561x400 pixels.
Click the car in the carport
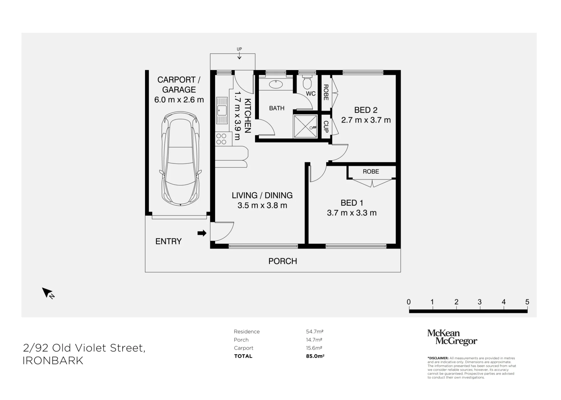pyautogui.click(x=180, y=159)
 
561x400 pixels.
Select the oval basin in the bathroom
pyautogui.click(x=276, y=84)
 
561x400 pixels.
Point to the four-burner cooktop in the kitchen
pyautogui.click(x=221, y=139)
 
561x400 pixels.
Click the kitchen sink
pyautogui.click(x=222, y=110)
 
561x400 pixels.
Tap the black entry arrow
pyautogui.click(x=202, y=233)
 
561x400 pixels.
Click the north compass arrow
pyautogui.click(x=48, y=293)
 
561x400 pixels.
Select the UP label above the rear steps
pyautogui.click(x=239, y=49)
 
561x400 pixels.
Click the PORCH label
pyautogui.click(x=282, y=261)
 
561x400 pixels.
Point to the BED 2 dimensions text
pyautogui.click(x=366, y=120)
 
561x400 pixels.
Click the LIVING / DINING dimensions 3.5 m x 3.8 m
pyautogui.click(x=262, y=205)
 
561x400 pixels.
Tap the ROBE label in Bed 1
pyautogui.click(x=371, y=171)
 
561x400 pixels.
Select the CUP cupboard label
pyautogui.click(x=326, y=127)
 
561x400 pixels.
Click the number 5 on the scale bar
pyautogui.click(x=527, y=302)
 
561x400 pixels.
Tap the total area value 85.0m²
pyautogui.click(x=315, y=356)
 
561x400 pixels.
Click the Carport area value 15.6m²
pyautogui.click(x=314, y=348)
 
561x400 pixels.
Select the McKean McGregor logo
pyautogui.click(x=452, y=338)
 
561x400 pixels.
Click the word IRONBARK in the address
pyautogui.click(x=53, y=361)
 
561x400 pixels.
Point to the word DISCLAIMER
pyautogui.click(x=438, y=358)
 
